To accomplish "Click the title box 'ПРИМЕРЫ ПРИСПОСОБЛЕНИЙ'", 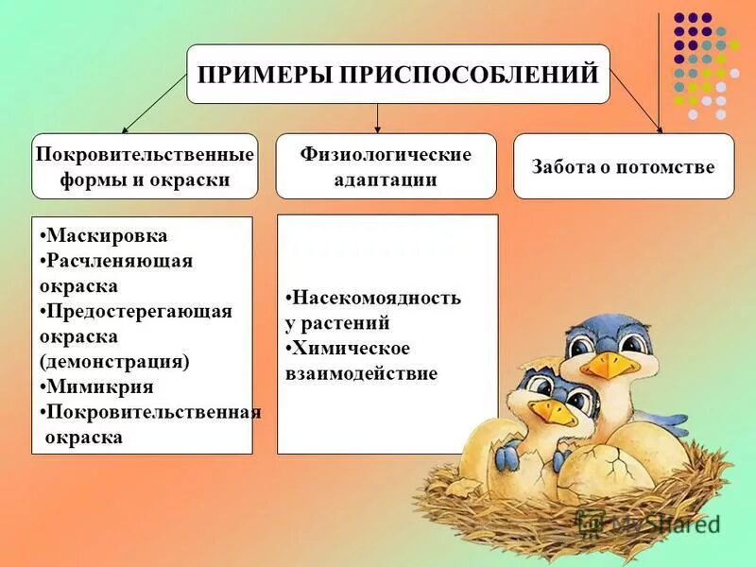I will pyautogui.click(x=398, y=74).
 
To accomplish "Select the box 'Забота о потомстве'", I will pyautogui.click(x=624, y=166).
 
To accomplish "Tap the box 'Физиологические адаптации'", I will pyautogui.click(x=386, y=166).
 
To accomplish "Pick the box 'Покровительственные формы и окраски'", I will pyautogui.click(x=145, y=166).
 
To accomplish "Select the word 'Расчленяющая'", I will pyautogui.click(x=118, y=261).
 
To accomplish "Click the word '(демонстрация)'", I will pyautogui.click(x=114, y=361).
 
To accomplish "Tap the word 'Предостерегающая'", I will pyautogui.click(x=139, y=311).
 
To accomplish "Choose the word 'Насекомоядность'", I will pyautogui.click(x=375, y=298).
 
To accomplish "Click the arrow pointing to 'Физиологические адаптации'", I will pyautogui.click(x=378, y=118).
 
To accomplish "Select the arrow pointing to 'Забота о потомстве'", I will pyautogui.click(x=637, y=100).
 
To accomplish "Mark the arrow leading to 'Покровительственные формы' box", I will pyautogui.click(x=151, y=104).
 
